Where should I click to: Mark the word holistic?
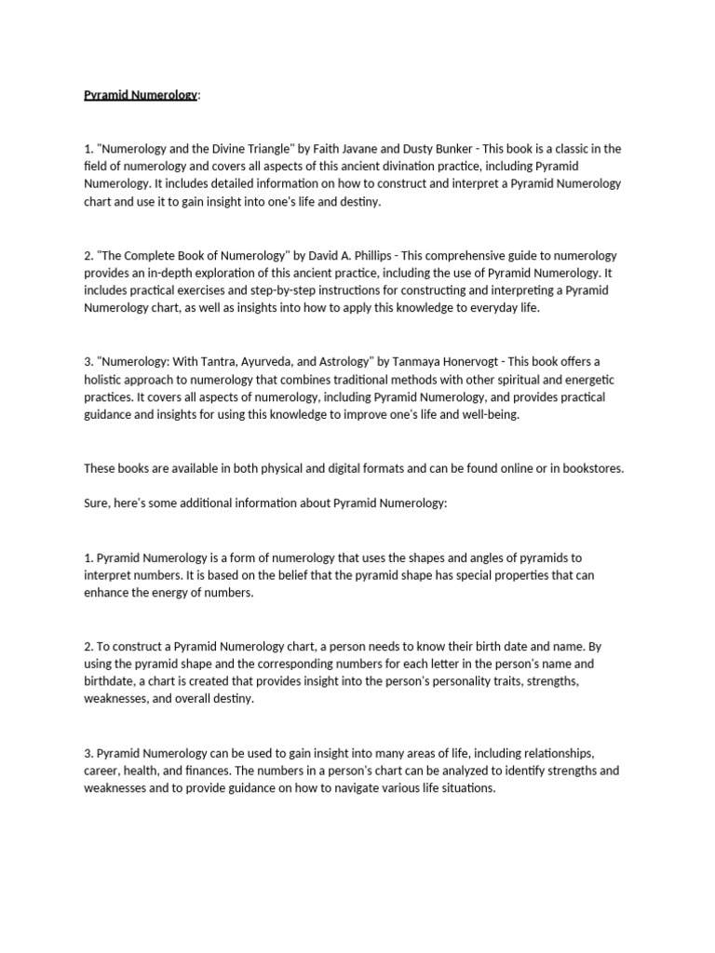(105, 380)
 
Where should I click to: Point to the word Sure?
(96, 503)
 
